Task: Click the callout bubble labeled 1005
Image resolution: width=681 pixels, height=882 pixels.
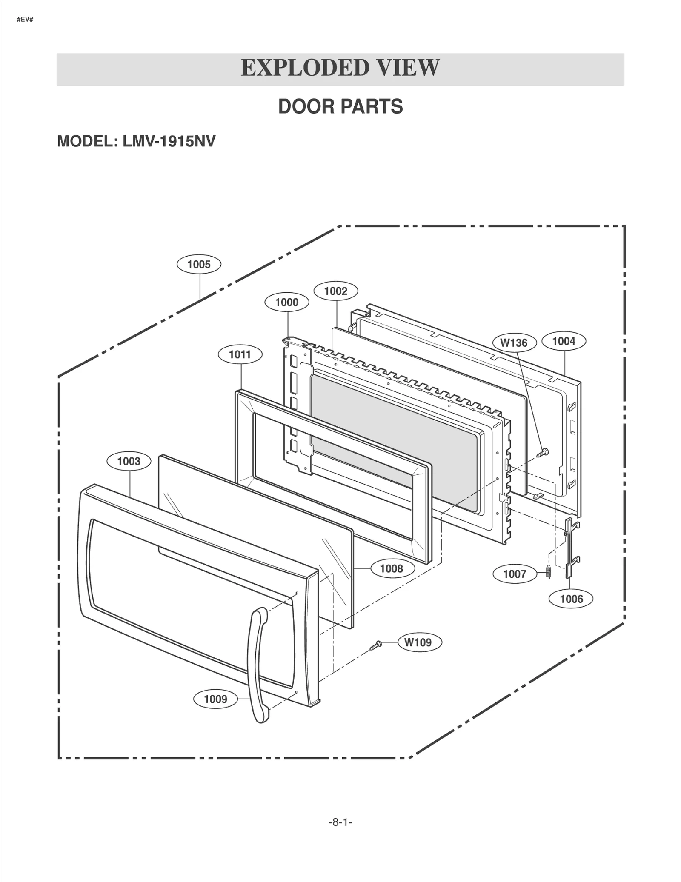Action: [x=199, y=264]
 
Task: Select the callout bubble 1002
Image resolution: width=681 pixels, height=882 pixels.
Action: [x=336, y=291]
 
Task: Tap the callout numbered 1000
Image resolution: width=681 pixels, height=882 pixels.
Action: [x=287, y=303]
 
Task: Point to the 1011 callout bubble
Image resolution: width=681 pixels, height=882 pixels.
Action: [x=240, y=354]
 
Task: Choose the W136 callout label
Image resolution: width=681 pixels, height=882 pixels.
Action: [x=514, y=343]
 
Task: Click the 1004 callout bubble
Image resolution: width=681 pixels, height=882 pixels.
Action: [x=564, y=341]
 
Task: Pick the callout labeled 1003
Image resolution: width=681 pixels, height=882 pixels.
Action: [x=129, y=461]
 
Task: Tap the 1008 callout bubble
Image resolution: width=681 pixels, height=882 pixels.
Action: [x=392, y=568]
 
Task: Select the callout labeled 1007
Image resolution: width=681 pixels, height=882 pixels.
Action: [x=515, y=574]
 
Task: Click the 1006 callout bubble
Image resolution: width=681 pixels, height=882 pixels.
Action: [x=571, y=599]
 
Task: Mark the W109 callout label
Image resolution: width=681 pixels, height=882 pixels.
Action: [x=418, y=642]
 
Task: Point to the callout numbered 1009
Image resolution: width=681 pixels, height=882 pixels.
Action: [x=215, y=699]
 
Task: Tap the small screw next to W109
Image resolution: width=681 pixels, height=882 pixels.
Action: [x=375, y=646]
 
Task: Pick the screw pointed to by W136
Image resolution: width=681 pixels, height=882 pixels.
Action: [x=543, y=453]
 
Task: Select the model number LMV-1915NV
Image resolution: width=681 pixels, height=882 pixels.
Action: [x=169, y=141]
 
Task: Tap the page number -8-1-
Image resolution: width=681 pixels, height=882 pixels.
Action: [x=340, y=822]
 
